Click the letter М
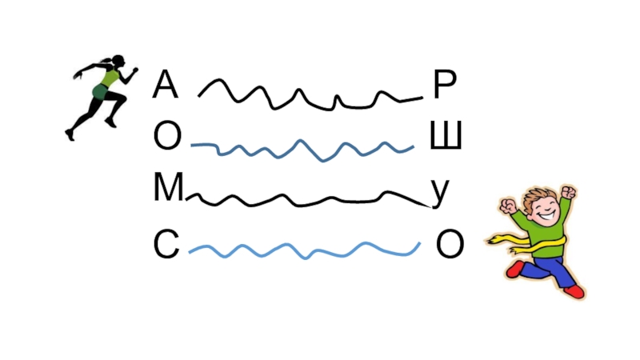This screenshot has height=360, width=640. [x=168, y=190]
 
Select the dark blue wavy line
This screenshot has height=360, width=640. [x=304, y=147]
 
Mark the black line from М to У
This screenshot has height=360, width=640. [x=304, y=199]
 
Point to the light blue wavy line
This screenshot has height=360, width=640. [x=304, y=250]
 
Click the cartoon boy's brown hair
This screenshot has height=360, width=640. [x=538, y=194]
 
